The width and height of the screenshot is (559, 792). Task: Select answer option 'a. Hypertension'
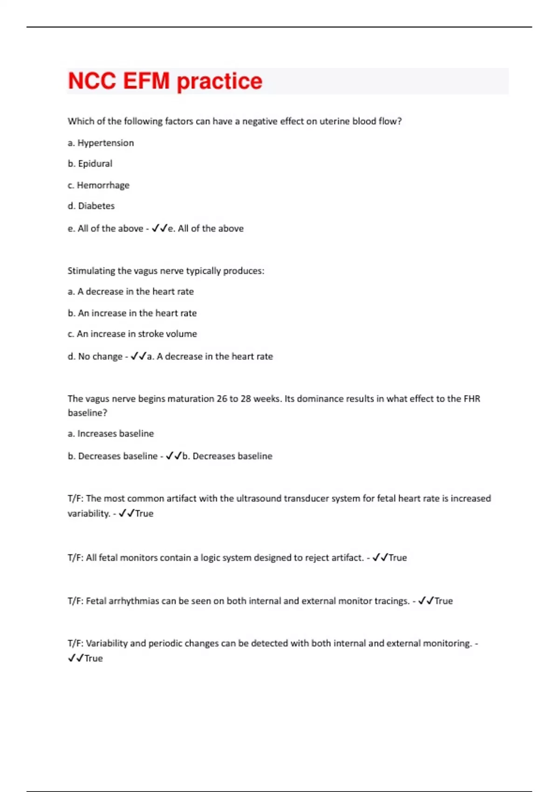click(x=101, y=143)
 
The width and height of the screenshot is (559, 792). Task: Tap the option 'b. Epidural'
click(x=90, y=164)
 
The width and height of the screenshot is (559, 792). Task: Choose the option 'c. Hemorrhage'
click(x=98, y=185)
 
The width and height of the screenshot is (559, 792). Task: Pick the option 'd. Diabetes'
click(x=91, y=206)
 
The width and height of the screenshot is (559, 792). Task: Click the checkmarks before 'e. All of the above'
click(x=159, y=228)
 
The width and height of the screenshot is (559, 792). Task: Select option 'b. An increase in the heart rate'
click(x=132, y=313)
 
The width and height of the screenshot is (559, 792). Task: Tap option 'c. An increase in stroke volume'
click(x=132, y=334)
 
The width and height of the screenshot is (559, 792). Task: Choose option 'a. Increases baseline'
click(x=110, y=433)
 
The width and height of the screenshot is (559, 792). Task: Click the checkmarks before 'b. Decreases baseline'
click(x=174, y=456)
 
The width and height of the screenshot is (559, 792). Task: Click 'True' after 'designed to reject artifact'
click(x=397, y=558)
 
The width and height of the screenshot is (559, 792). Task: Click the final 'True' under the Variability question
click(x=93, y=658)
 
